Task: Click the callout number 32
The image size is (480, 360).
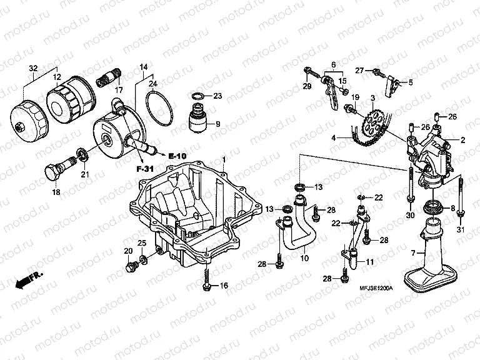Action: [x=32, y=67]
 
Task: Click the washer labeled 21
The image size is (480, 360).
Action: [x=81, y=154]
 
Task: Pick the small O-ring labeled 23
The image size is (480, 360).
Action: [x=197, y=96]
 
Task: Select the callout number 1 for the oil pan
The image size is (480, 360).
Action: [x=223, y=161]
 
